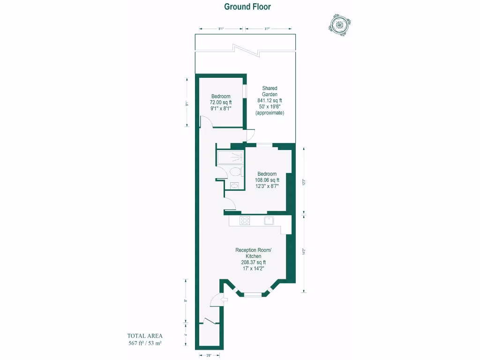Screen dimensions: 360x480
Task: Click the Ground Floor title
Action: (x=247, y=7)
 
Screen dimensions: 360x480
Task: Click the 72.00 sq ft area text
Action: (x=221, y=102)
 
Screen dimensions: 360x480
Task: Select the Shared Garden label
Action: (x=270, y=91)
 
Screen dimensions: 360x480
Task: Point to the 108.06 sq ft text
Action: (x=267, y=180)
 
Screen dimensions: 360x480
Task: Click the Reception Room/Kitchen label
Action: (x=253, y=253)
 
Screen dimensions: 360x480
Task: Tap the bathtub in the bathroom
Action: (x=231, y=157)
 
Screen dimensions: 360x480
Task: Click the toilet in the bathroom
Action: (x=236, y=172)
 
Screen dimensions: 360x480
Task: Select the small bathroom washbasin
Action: (x=234, y=186)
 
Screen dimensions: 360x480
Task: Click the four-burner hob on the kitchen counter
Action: (x=245, y=221)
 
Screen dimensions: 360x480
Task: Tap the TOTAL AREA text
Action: (x=145, y=336)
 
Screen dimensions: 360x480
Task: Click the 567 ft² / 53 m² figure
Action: (x=145, y=343)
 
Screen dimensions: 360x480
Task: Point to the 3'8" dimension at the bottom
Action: (x=209, y=355)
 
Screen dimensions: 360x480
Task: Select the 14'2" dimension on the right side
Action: (x=304, y=252)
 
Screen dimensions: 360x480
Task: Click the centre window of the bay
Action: (x=254, y=294)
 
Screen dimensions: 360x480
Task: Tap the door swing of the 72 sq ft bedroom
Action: (x=206, y=122)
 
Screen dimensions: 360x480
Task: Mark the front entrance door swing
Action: (x=216, y=299)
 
